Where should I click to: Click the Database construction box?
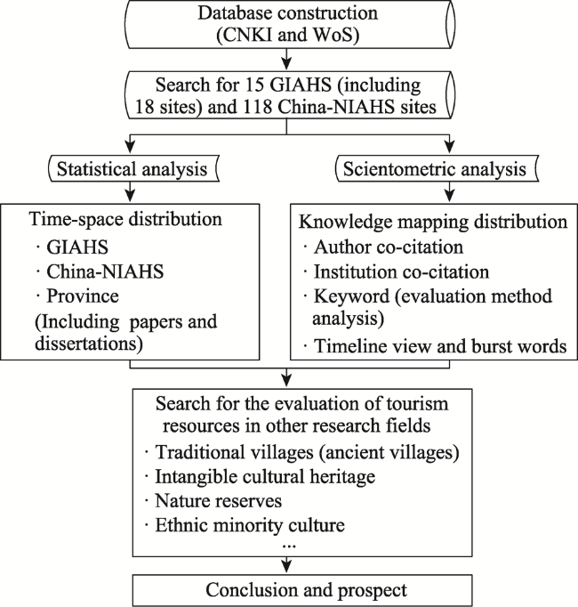point(289,24)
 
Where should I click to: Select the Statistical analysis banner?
point(132,169)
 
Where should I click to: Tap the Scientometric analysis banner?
point(435,169)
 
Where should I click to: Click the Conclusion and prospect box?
point(302,590)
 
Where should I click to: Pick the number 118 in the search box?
point(257,107)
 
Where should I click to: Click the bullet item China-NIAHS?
point(100,271)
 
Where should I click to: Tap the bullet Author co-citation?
point(383,247)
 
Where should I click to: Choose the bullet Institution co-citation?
point(397,271)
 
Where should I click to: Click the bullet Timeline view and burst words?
point(435,345)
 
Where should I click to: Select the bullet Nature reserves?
point(213,500)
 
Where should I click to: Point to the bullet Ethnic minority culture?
point(245,525)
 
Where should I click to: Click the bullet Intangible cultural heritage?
point(260,476)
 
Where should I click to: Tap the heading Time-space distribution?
point(125,219)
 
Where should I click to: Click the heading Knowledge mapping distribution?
point(433,222)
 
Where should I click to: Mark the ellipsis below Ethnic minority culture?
point(289,546)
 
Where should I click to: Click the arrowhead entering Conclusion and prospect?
point(286,566)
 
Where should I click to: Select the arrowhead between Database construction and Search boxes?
point(286,62)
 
